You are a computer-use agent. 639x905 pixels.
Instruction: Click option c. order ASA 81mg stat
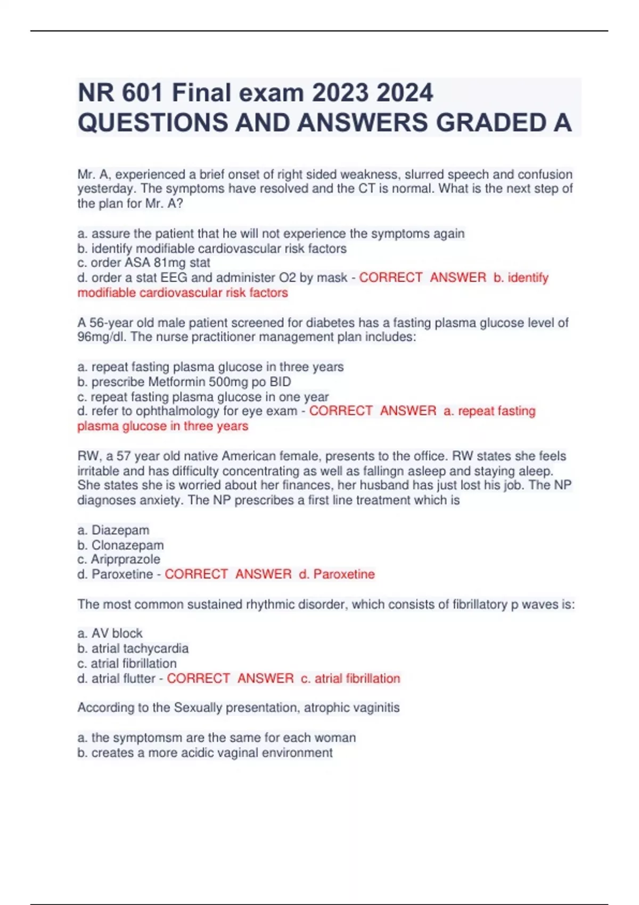click(x=144, y=263)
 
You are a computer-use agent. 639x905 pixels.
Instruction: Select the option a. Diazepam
click(x=113, y=530)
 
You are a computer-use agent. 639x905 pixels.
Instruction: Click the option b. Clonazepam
click(x=121, y=545)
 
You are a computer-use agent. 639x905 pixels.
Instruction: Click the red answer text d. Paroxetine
click(x=337, y=574)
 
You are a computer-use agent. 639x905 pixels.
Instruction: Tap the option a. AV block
click(x=110, y=633)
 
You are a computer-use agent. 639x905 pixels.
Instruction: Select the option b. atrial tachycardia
click(x=133, y=648)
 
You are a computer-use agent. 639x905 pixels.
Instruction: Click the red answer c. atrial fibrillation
click(x=350, y=679)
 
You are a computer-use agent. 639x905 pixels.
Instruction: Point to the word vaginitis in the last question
click(x=375, y=708)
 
